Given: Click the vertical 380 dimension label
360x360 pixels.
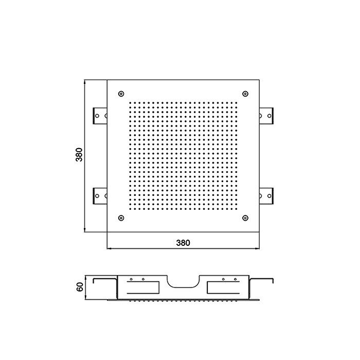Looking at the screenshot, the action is tap(79, 155).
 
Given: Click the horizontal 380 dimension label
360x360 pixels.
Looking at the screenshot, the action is tap(183, 243).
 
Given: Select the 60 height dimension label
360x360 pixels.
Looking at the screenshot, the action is tap(79, 287).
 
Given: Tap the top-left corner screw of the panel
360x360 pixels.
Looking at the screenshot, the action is tap(121, 94).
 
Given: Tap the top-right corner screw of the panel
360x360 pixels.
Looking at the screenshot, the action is tap(245, 94).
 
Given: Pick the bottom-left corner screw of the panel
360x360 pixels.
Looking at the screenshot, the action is tap(121, 218).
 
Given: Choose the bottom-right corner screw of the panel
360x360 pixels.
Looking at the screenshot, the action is tap(245, 218).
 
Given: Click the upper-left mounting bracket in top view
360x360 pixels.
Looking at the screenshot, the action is tap(100, 116).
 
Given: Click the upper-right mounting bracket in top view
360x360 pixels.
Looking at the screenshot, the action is tap(266, 116).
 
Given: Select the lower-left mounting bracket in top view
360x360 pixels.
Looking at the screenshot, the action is tap(100, 196).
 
